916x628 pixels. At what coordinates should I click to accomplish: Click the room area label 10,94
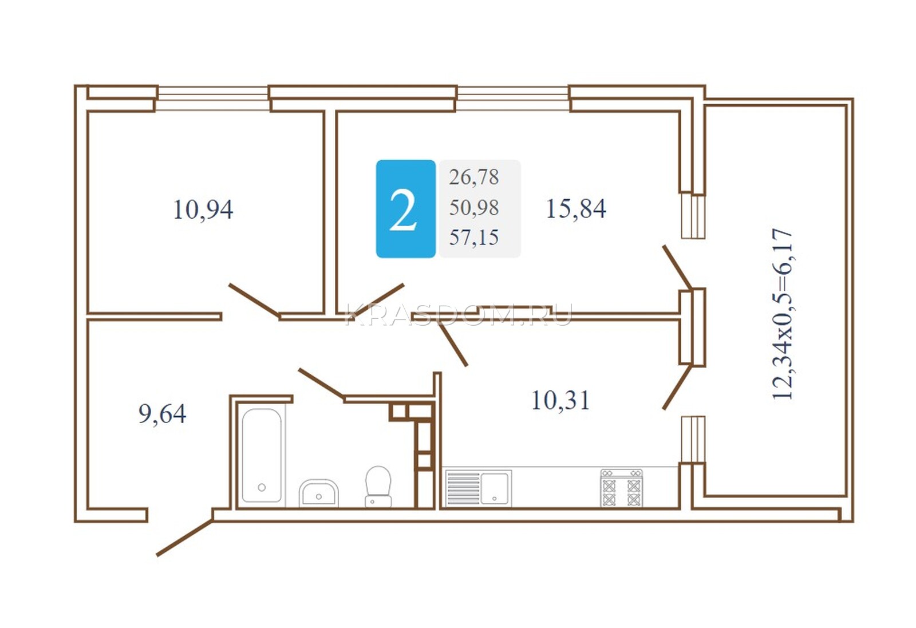203,210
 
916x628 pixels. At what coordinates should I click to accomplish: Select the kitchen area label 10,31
560,400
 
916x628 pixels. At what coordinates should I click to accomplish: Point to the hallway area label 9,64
163,414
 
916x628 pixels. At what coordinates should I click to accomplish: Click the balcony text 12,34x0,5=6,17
782,314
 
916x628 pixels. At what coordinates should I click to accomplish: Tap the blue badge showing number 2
406,209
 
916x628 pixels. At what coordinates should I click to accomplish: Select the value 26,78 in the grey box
474,177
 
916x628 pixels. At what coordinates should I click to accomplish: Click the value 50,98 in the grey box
474,207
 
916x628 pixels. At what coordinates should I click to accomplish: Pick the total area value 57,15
474,238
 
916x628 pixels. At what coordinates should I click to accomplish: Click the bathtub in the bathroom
262,455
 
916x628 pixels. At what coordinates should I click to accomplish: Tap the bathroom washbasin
318,493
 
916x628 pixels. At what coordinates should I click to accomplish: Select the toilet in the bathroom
378,487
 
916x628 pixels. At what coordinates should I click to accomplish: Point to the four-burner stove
622,488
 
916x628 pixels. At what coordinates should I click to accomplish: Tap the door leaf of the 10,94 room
254,300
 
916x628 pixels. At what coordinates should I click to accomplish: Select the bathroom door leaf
321,383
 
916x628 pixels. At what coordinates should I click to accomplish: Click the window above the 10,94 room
212,98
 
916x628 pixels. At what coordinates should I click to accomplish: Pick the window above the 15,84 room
513,98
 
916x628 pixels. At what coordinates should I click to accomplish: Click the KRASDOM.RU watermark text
459,315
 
